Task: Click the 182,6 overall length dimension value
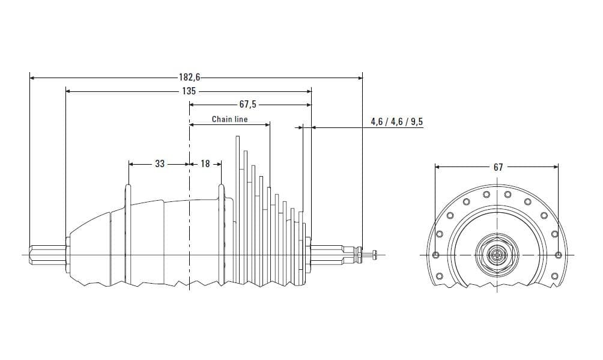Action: coord(190,78)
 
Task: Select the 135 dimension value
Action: coord(189,91)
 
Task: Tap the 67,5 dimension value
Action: coord(248,105)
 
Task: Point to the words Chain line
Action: coord(229,120)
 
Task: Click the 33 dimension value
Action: coord(160,164)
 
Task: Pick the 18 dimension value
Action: coord(205,164)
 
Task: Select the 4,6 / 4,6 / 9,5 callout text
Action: coord(396,121)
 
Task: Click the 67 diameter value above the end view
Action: coord(498,167)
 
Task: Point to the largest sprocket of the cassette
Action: coord(238,211)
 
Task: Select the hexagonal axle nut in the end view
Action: coord(497,255)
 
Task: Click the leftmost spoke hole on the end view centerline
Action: coord(435,255)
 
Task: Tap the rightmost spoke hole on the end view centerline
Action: coord(559,255)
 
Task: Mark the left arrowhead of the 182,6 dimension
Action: coord(32,78)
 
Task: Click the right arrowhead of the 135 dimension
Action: coord(309,91)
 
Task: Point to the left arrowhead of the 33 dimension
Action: coord(131,164)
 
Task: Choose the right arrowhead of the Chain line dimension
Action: coord(267,125)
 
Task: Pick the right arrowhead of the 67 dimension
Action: coord(556,167)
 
